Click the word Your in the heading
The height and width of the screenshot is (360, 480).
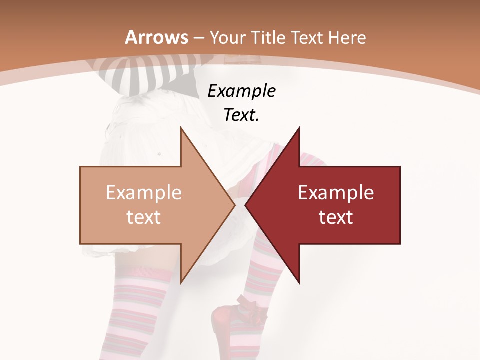[x=227, y=38]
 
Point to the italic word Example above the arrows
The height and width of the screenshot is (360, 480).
[x=242, y=91]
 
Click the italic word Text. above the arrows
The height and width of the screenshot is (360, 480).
[x=242, y=115]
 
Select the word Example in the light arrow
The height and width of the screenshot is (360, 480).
[x=144, y=193]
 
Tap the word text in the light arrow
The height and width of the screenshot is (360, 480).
[x=144, y=217]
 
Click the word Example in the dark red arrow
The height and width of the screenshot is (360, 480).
[x=336, y=193]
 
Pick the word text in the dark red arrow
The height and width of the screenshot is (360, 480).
[x=336, y=217]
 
